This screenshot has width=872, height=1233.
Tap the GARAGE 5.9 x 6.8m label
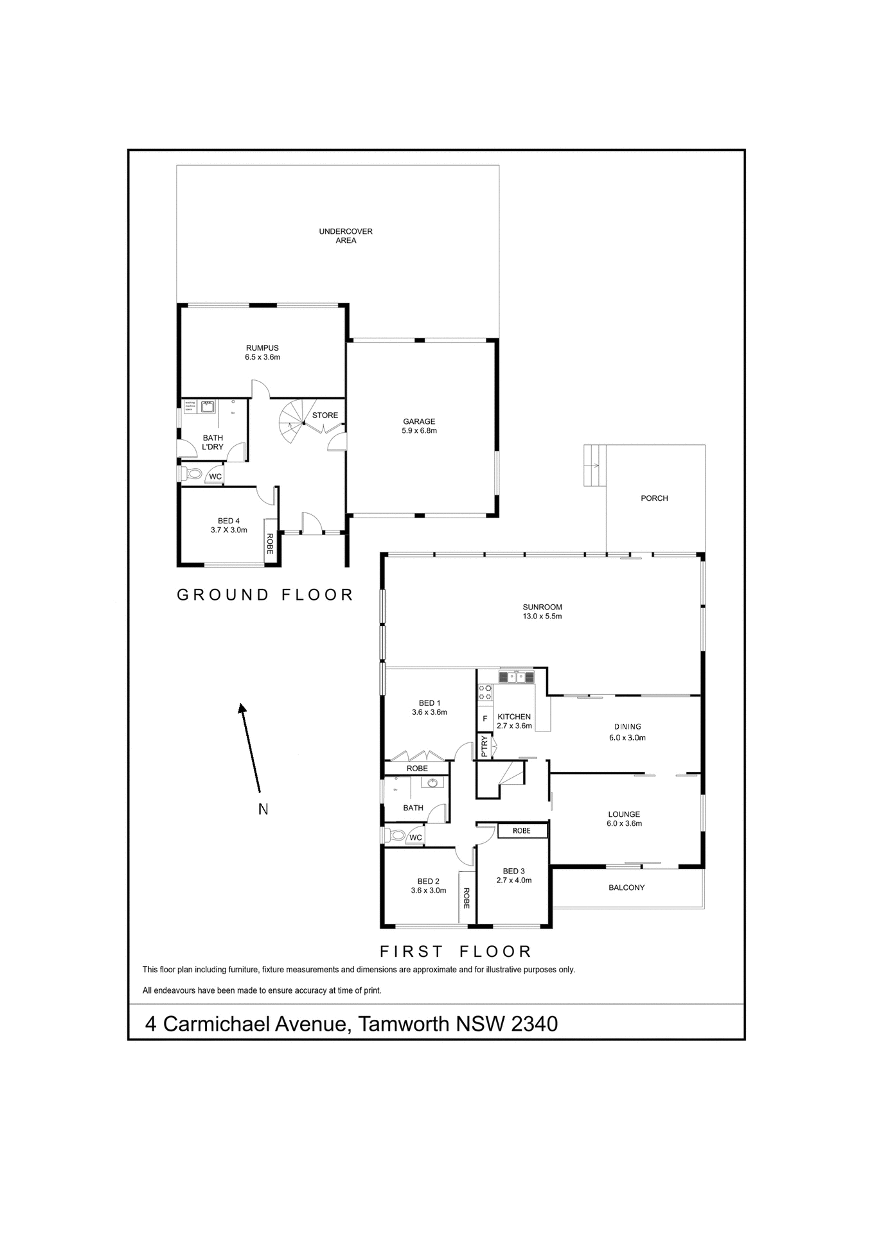pos(419,426)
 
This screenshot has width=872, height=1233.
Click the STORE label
pos(325,415)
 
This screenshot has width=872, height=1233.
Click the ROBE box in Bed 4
pos(270,543)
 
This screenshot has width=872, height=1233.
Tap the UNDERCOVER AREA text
pos(346,236)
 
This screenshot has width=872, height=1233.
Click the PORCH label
pos(654,498)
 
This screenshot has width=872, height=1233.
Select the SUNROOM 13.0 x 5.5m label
pos(542,611)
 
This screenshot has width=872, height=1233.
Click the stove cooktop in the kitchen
pos(485,692)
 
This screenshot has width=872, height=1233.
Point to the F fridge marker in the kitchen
pos(485,719)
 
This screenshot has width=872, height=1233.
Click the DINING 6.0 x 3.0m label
pos(627,732)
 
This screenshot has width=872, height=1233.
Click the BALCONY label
pos(627,888)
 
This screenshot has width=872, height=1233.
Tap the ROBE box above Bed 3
pos(522,830)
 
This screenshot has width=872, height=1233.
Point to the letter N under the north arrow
pos(263,809)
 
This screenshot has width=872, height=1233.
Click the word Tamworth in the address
pos(404,1023)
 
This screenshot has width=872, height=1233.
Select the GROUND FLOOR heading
pos(265,595)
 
